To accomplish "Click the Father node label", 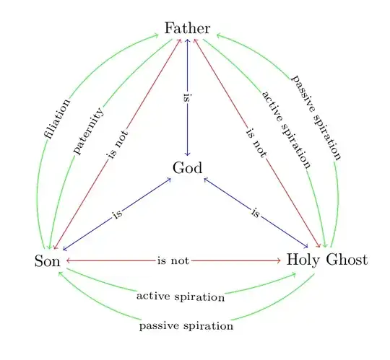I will [x=187, y=29].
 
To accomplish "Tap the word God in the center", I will [x=187, y=168].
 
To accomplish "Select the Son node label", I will [x=48, y=260].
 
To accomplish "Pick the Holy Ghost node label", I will [x=327, y=260].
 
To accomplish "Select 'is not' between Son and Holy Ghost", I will [x=173, y=260].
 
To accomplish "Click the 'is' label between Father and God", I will [x=188, y=98].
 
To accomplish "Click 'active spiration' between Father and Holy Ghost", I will [x=287, y=130].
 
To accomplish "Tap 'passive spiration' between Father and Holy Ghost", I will [x=316, y=116].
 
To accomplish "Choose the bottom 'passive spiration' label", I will [x=186, y=326].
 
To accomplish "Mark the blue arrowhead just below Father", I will [x=188, y=41].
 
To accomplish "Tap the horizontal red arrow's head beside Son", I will [x=67, y=260].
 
